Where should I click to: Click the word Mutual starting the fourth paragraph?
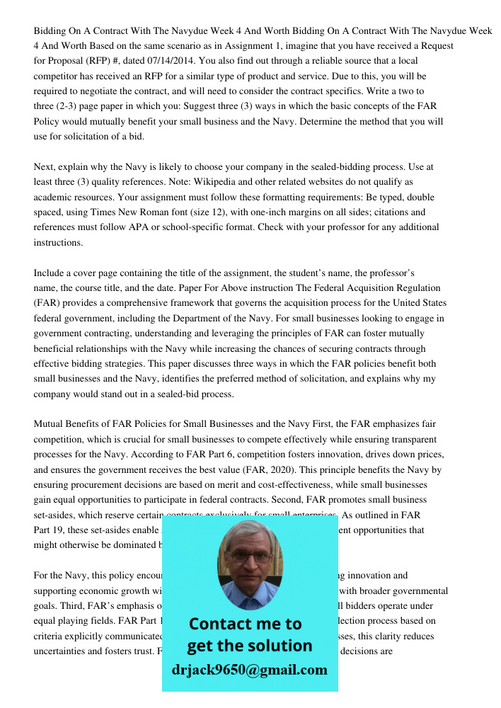[50, 424]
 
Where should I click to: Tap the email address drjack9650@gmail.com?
[249, 670]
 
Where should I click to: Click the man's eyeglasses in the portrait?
[249, 556]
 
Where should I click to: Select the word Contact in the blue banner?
[221, 624]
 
